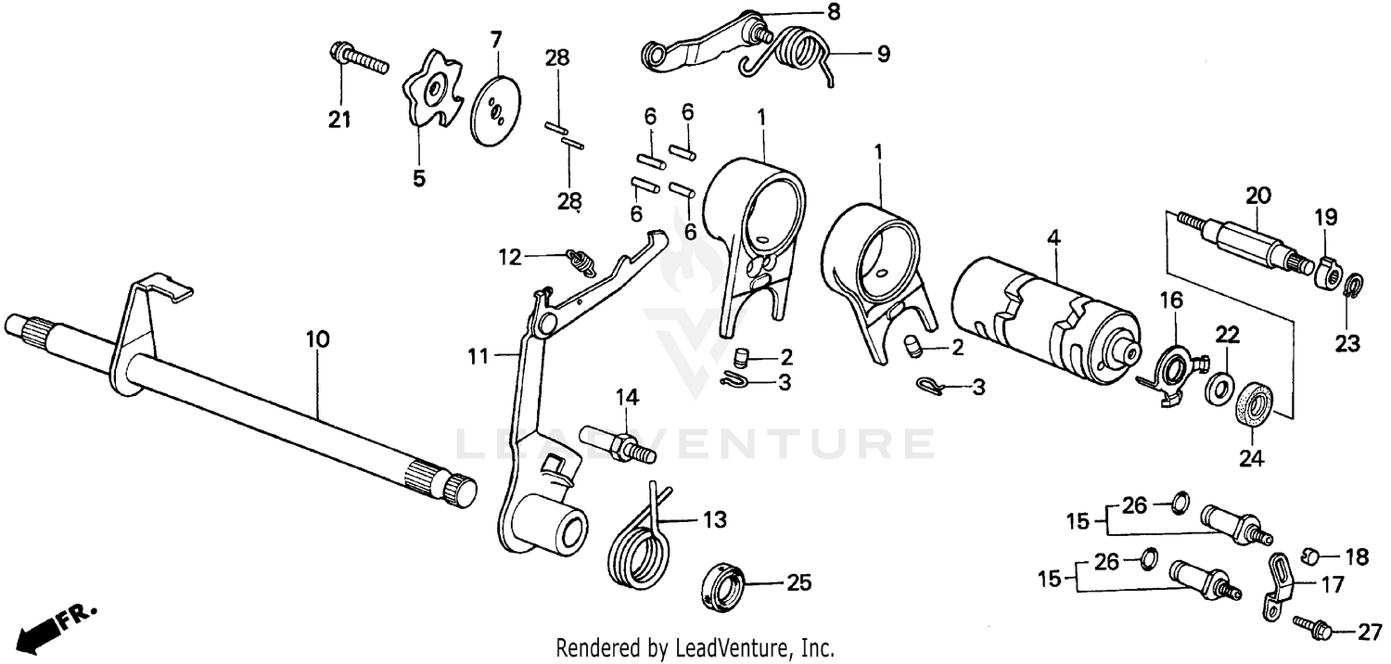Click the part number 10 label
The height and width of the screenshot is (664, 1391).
point(317,339)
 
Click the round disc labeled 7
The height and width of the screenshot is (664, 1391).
point(495,110)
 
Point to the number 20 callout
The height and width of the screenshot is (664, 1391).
point(1258,195)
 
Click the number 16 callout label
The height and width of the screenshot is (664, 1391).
point(1171,300)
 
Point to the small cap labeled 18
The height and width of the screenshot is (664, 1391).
point(1310,555)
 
